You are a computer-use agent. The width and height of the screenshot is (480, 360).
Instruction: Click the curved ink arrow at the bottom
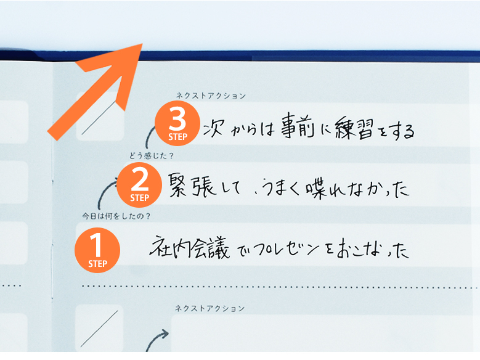click(x=157, y=340)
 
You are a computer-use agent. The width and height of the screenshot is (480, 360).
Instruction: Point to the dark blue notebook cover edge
click(x=308, y=55)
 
